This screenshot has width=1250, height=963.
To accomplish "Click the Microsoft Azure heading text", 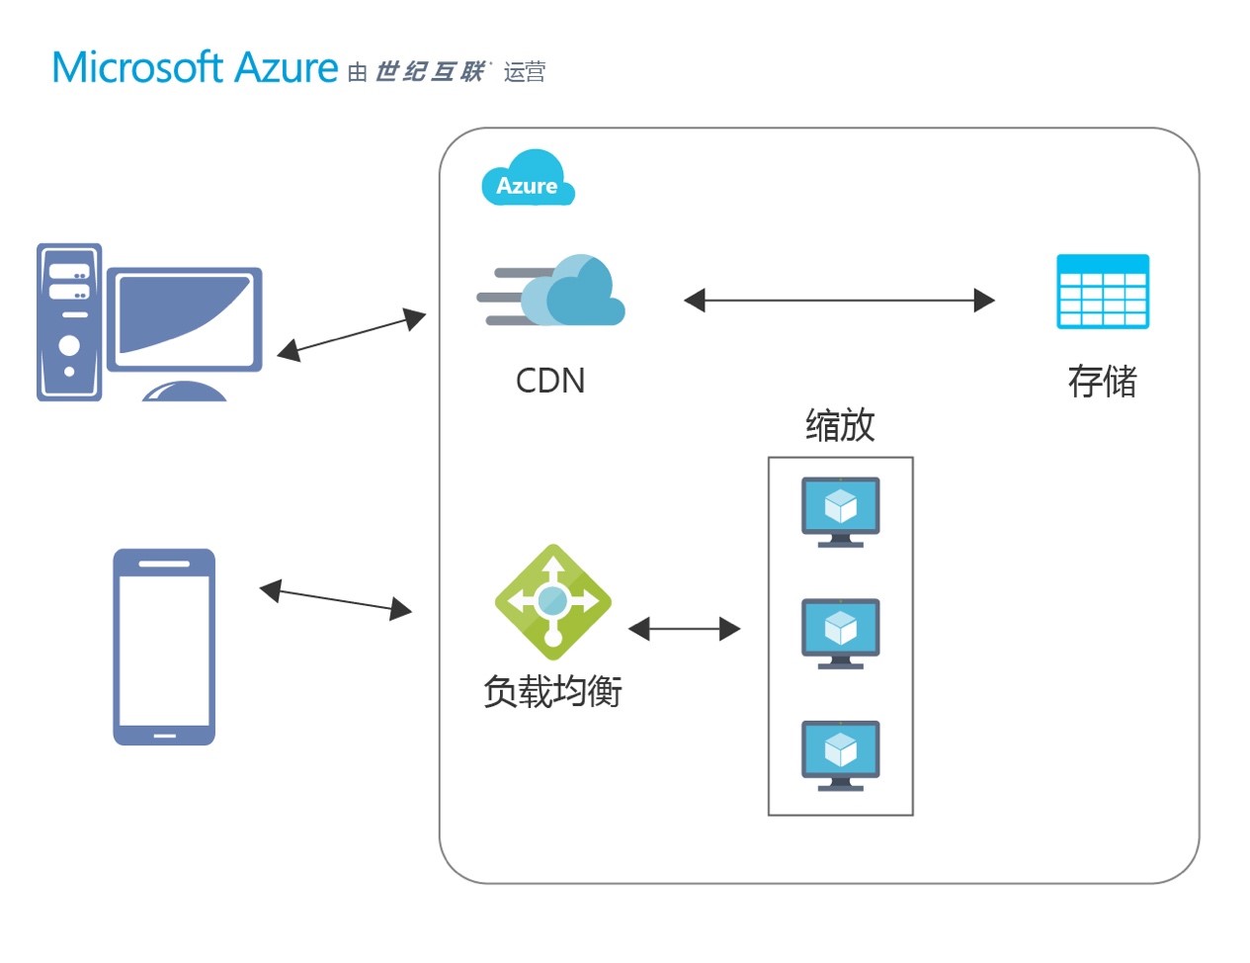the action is tap(195, 68).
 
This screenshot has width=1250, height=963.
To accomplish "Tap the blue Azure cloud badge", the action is tap(528, 178).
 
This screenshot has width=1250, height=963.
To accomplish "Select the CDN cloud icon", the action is tap(551, 290).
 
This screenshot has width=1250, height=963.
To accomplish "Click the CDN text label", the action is tap(550, 381).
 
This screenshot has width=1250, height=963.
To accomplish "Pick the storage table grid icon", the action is tap(1103, 292).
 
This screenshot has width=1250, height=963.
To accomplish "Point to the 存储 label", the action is tap(1102, 381).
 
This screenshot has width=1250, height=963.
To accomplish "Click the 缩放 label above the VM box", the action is tap(840, 425).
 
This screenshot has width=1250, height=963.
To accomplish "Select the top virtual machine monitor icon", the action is tap(841, 512).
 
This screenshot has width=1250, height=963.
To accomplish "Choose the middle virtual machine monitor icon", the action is tap(841, 633).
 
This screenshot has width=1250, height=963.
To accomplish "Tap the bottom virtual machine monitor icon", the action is tap(841, 755).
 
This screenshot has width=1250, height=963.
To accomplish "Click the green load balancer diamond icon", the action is tap(552, 602).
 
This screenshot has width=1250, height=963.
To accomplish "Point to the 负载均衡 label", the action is tap(552, 691).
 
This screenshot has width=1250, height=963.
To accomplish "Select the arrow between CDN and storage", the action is tap(839, 301).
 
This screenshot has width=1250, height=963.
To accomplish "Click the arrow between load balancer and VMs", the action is tap(685, 629).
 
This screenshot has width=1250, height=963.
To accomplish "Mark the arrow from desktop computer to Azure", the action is tap(352, 334).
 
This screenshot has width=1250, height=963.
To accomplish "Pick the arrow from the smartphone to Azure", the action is tap(336, 600).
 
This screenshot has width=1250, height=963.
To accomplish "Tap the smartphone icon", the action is tap(164, 647).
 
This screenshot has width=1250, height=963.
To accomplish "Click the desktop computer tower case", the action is tap(69, 322).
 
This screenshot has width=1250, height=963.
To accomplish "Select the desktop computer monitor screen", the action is tap(184, 319).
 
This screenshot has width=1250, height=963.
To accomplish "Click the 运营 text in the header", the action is tap(524, 72).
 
